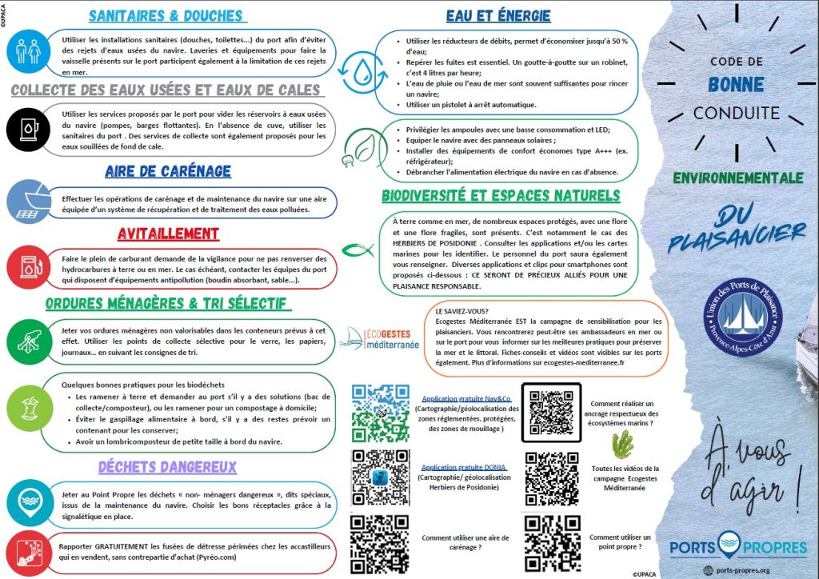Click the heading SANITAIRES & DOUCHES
click(x=166, y=16)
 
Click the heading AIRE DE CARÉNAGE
click(x=168, y=170)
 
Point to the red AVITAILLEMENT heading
click(x=168, y=234)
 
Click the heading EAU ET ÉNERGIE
click(x=498, y=16)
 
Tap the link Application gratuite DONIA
click(x=461, y=467)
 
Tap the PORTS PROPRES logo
click(x=728, y=547)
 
